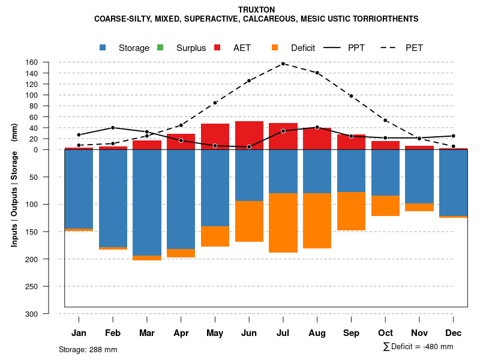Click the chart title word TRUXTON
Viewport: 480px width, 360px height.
(x=256, y=10)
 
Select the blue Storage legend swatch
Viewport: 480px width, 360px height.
(x=103, y=47)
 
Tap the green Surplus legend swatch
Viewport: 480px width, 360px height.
(x=160, y=47)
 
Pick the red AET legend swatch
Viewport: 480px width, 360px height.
(x=217, y=47)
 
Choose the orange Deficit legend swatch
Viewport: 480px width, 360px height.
(x=275, y=47)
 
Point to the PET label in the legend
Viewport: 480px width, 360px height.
(x=414, y=48)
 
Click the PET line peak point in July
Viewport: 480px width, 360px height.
(x=283, y=63)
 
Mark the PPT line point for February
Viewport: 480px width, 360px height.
(x=113, y=128)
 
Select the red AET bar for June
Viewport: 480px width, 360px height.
(x=249, y=135)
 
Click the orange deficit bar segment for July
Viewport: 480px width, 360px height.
(x=283, y=223)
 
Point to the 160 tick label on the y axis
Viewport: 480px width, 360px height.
(x=49, y=62)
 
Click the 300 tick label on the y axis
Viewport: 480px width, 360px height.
(x=49, y=314)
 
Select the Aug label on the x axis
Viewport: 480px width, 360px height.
(x=317, y=333)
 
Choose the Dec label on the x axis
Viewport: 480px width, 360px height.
(x=453, y=333)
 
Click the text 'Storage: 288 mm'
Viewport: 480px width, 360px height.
(x=88, y=349)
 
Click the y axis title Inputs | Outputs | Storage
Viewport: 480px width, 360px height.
(x=14, y=185)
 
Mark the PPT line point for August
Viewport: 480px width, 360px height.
(x=317, y=127)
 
